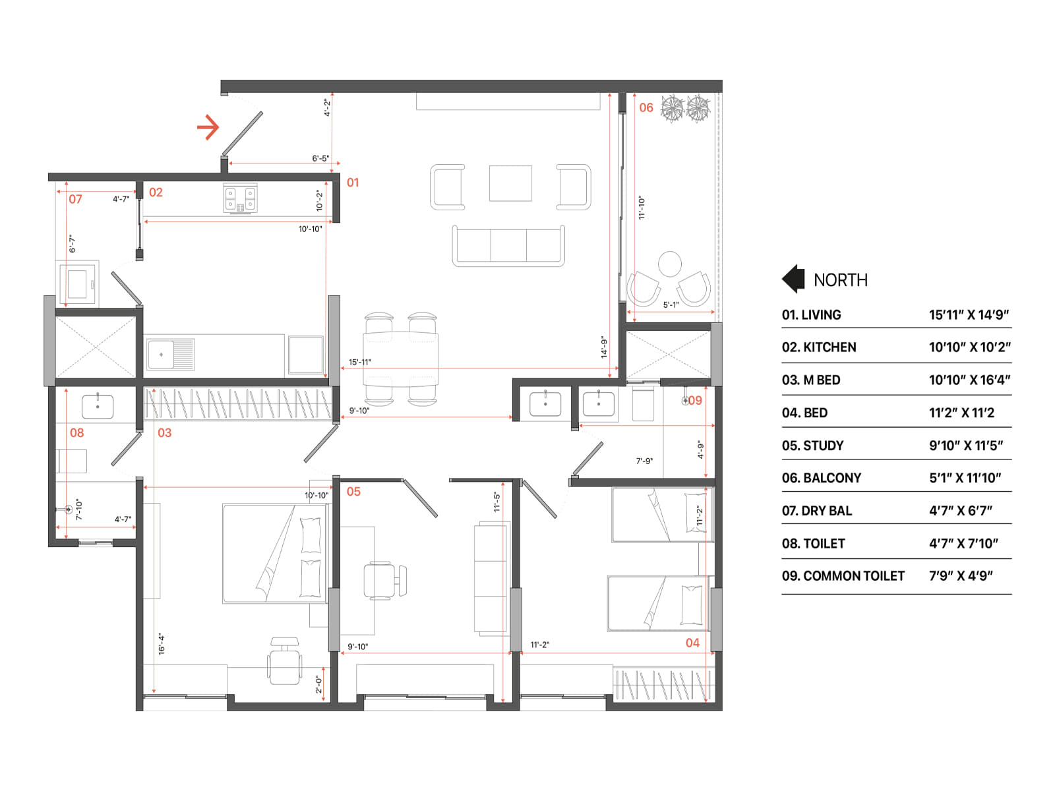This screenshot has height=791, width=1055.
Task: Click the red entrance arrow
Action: click(x=208, y=127)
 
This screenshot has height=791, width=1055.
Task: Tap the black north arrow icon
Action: click(x=793, y=279)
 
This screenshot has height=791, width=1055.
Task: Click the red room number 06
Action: click(x=646, y=107)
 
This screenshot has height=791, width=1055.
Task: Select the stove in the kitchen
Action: click(x=240, y=198)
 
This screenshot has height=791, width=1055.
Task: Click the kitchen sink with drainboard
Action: click(x=171, y=355)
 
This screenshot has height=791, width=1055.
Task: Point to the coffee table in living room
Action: click(x=510, y=183)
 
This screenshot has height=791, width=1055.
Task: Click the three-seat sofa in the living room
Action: click(x=508, y=246)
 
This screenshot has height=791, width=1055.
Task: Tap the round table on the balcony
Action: click(x=670, y=264)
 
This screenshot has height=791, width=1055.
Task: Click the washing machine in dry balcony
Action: click(x=78, y=283)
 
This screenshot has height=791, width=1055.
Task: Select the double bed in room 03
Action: click(x=275, y=554)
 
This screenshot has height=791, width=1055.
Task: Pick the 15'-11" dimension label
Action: click(x=360, y=362)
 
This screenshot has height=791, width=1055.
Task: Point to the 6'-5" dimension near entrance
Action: click(x=320, y=158)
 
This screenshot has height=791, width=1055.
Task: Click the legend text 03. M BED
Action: click(x=811, y=380)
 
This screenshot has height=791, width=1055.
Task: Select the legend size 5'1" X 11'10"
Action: click(x=965, y=478)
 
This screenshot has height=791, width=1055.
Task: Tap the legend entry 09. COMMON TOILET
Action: click(x=843, y=576)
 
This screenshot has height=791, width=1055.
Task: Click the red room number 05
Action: click(x=353, y=492)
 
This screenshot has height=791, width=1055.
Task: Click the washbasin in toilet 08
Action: click(x=98, y=407)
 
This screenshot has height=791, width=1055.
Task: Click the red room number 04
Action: click(x=692, y=643)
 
